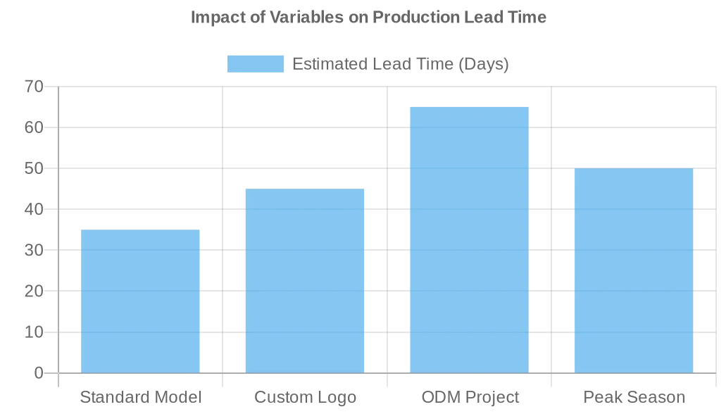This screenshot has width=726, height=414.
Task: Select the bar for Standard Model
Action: coord(140,301)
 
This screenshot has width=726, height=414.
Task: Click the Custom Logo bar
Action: coord(305,281)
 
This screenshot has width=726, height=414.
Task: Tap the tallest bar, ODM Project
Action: coord(469,240)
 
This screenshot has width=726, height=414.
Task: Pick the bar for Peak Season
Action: coord(634,270)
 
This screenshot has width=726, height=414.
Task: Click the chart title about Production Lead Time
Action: coord(368,17)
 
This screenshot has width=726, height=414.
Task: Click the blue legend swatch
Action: coord(255,64)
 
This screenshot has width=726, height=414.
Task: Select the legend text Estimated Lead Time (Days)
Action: coord(400,64)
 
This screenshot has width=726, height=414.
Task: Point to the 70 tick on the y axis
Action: coord(34,87)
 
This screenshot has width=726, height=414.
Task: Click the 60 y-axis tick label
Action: coord(34,127)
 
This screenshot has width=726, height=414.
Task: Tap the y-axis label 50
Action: coord(34,168)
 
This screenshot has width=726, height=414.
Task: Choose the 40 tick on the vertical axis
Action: coord(34,209)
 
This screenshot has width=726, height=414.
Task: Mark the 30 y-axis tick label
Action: coord(34,250)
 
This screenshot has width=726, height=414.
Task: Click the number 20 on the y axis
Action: coord(34,291)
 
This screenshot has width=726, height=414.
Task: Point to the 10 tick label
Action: coord(34,332)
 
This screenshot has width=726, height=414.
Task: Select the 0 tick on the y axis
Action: coord(39,372)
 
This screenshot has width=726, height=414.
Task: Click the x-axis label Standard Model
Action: coord(141,397)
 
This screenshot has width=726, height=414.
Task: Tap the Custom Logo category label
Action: coord(305,397)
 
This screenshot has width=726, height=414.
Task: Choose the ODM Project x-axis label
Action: coord(470,397)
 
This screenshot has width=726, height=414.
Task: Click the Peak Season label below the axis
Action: coord(634,397)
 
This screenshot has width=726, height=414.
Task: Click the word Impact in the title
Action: coord(213,17)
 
